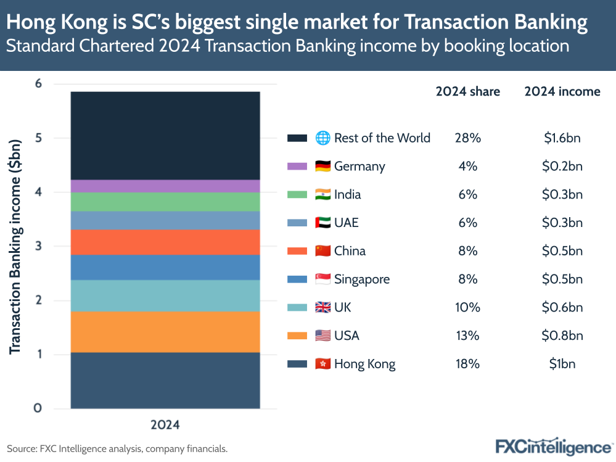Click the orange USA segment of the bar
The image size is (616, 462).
[x=165, y=332]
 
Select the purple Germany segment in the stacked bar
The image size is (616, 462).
[x=165, y=186]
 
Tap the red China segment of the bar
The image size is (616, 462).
[x=165, y=242]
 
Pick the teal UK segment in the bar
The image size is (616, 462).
[x=165, y=295]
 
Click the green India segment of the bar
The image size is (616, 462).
[x=165, y=202]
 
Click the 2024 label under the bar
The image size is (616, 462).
[x=165, y=425]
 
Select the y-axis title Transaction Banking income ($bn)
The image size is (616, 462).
[x=15, y=247]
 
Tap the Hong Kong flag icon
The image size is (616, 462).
[x=322, y=364]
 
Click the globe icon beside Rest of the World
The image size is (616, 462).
[x=322, y=138]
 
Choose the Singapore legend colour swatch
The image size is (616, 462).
[x=297, y=279]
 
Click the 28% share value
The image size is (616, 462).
[x=467, y=138]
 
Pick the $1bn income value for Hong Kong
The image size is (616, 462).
[x=562, y=364]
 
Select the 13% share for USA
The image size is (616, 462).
[x=467, y=336]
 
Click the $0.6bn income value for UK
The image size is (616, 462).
[x=562, y=307]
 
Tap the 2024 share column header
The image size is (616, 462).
[x=467, y=91]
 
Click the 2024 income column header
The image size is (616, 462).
[x=562, y=91]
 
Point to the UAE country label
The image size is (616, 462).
[x=347, y=223]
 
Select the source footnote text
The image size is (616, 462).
[x=117, y=448]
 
